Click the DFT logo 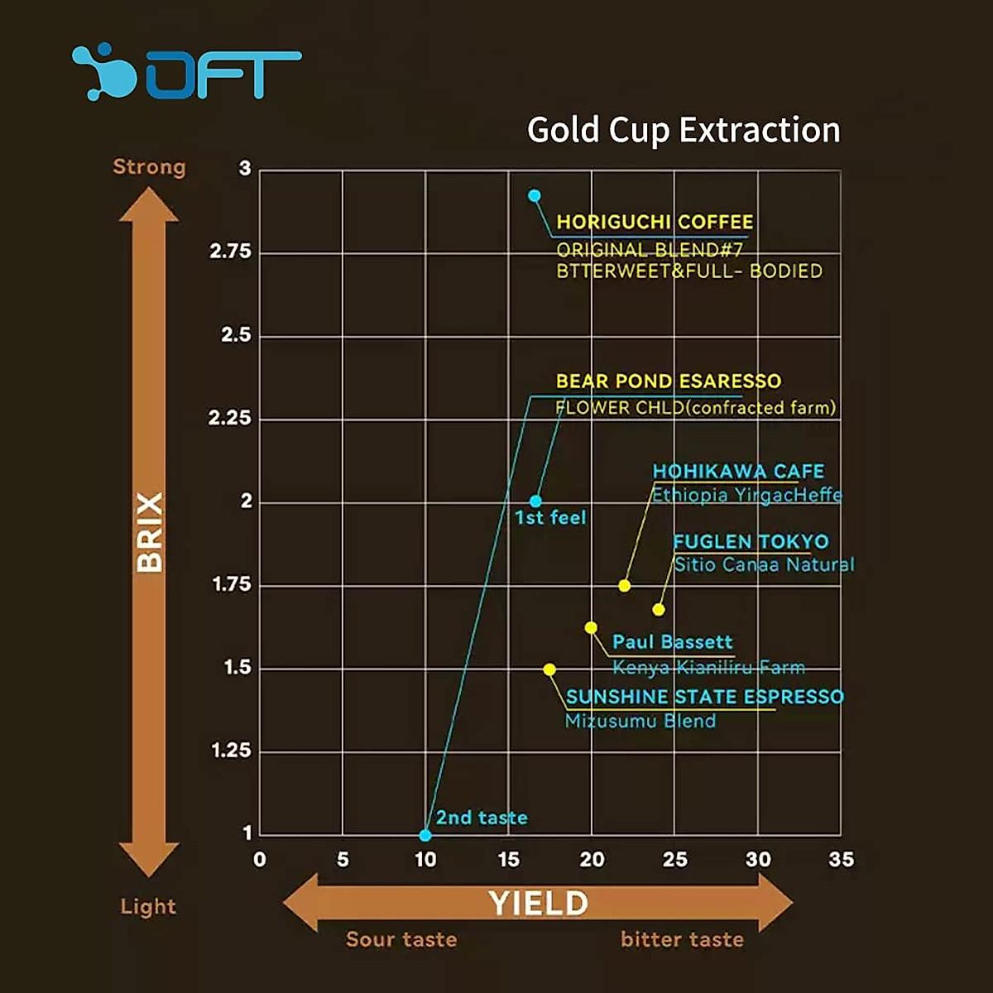(x=186, y=73)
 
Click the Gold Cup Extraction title (x=684, y=130)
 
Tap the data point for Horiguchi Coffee (x=535, y=196)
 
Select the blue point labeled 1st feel (x=535, y=501)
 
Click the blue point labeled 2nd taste (x=425, y=835)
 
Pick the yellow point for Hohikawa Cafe (x=625, y=586)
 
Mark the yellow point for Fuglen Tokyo (x=659, y=610)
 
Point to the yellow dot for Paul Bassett (x=591, y=628)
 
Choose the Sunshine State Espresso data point (x=549, y=669)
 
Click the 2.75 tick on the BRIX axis (x=230, y=252)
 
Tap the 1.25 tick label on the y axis (x=231, y=751)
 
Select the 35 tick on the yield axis (x=841, y=860)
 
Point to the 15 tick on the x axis (x=509, y=860)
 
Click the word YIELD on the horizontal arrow (x=538, y=904)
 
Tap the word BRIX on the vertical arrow (x=150, y=532)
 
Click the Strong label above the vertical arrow (x=149, y=167)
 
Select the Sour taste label (x=401, y=939)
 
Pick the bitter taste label (x=682, y=939)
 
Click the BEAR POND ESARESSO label (x=669, y=381)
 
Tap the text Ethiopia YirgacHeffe (x=746, y=496)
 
